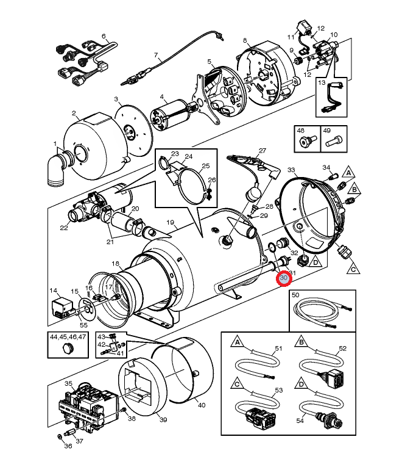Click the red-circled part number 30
[x=284, y=278]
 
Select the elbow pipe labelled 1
[x=58, y=169]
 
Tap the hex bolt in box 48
[x=306, y=140]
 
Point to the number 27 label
[x=262, y=151]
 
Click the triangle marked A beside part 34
[x=348, y=172]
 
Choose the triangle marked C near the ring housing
[x=353, y=269]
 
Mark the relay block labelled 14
[x=62, y=306]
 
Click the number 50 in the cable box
[x=295, y=295]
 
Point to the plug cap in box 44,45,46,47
[x=68, y=349]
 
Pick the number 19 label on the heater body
[x=170, y=222]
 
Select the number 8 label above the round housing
[x=245, y=40]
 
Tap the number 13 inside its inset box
[x=322, y=82]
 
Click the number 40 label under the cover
[x=202, y=405]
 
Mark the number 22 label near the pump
[x=64, y=228]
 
